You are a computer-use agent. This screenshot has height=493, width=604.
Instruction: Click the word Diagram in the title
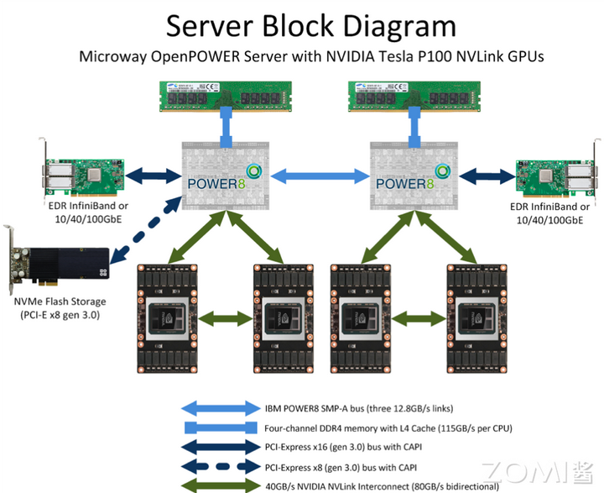(x=399, y=26)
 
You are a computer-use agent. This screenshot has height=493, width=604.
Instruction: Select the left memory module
(x=226, y=96)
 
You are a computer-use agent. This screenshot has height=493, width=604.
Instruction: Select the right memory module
(x=414, y=96)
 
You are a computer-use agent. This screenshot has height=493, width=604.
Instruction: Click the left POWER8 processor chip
(x=226, y=176)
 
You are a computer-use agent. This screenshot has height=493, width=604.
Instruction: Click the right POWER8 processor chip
(x=414, y=176)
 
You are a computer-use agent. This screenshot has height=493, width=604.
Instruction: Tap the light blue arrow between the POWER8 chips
(x=320, y=176)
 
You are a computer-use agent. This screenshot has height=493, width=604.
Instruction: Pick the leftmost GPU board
(x=168, y=318)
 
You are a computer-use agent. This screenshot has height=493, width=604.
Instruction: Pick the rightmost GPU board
(x=476, y=318)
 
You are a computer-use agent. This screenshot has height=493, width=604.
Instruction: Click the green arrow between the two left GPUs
(x=226, y=318)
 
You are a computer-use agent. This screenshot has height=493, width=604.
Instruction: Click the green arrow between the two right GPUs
(x=419, y=318)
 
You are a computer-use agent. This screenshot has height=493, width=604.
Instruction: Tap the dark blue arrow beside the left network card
(x=154, y=176)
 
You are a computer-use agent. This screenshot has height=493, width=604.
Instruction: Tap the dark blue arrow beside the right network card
(x=487, y=176)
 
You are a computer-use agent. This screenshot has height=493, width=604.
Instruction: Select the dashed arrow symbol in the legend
(x=221, y=467)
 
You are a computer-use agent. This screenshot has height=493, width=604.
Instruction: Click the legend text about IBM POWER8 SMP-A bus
(x=359, y=408)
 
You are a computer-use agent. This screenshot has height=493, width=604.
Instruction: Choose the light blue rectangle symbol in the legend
(x=221, y=427)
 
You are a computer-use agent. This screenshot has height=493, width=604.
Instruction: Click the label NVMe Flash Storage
(x=60, y=302)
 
